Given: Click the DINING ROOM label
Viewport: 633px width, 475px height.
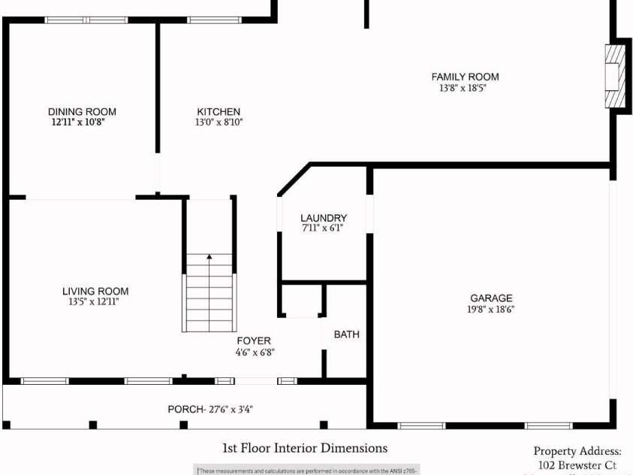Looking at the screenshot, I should tap(82, 111).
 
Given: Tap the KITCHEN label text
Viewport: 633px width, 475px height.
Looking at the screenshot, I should tap(219, 111).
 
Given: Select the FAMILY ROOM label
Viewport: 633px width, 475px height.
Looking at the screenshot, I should tap(465, 77).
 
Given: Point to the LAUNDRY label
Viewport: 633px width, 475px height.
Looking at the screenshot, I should tap(324, 218).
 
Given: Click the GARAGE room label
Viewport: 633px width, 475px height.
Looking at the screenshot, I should tap(491, 298).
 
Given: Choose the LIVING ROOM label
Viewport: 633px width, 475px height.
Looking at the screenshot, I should tap(95, 291).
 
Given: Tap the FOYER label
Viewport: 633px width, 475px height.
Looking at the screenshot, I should tap(254, 340).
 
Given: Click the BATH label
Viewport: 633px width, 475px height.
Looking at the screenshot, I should tap(347, 334).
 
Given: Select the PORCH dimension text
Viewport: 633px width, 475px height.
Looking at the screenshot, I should tap(215, 410).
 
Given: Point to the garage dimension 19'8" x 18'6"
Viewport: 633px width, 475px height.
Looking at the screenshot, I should tap(491, 309).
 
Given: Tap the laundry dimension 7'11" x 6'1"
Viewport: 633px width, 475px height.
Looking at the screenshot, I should tap(324, 228).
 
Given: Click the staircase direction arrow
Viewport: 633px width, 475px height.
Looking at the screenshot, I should tap(209, 258).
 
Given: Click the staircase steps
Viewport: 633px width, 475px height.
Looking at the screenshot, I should tap(209, 297).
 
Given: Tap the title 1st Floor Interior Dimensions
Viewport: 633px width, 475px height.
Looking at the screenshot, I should tap(305, 448).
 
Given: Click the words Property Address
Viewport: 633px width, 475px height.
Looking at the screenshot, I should tap(577, 451).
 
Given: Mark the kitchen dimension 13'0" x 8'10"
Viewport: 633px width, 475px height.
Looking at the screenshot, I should tap(219, 122).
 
